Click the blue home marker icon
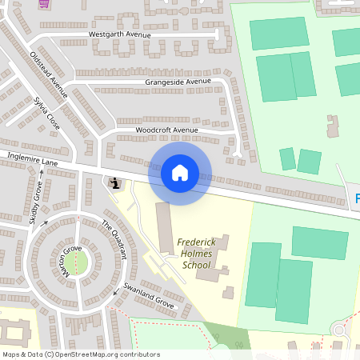coord(180,172)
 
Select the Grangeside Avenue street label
coord(178,82)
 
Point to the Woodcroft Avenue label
coord(166,130)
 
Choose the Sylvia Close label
coord(46,114)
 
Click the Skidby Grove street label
coord(35,203)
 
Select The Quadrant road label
coord(114,238)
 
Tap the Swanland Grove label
coord(148,295)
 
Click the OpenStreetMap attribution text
coord(81,354)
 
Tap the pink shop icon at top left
coord(43,3)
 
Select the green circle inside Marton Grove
coord(76,262)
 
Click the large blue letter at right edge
coord(357,198)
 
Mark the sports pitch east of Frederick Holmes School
coord(263,274)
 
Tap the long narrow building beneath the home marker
coord(163,229)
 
